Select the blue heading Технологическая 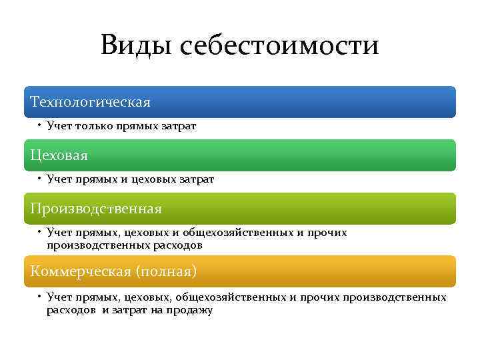click(91, 102)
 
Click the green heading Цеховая click(59, 155)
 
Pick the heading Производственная click(96, 209)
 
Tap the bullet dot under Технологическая click(40, 125)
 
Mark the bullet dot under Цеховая click(40, 179)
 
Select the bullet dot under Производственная click(40, 232)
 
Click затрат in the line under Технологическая click(179, 126)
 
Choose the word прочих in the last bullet click(319, 297)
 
